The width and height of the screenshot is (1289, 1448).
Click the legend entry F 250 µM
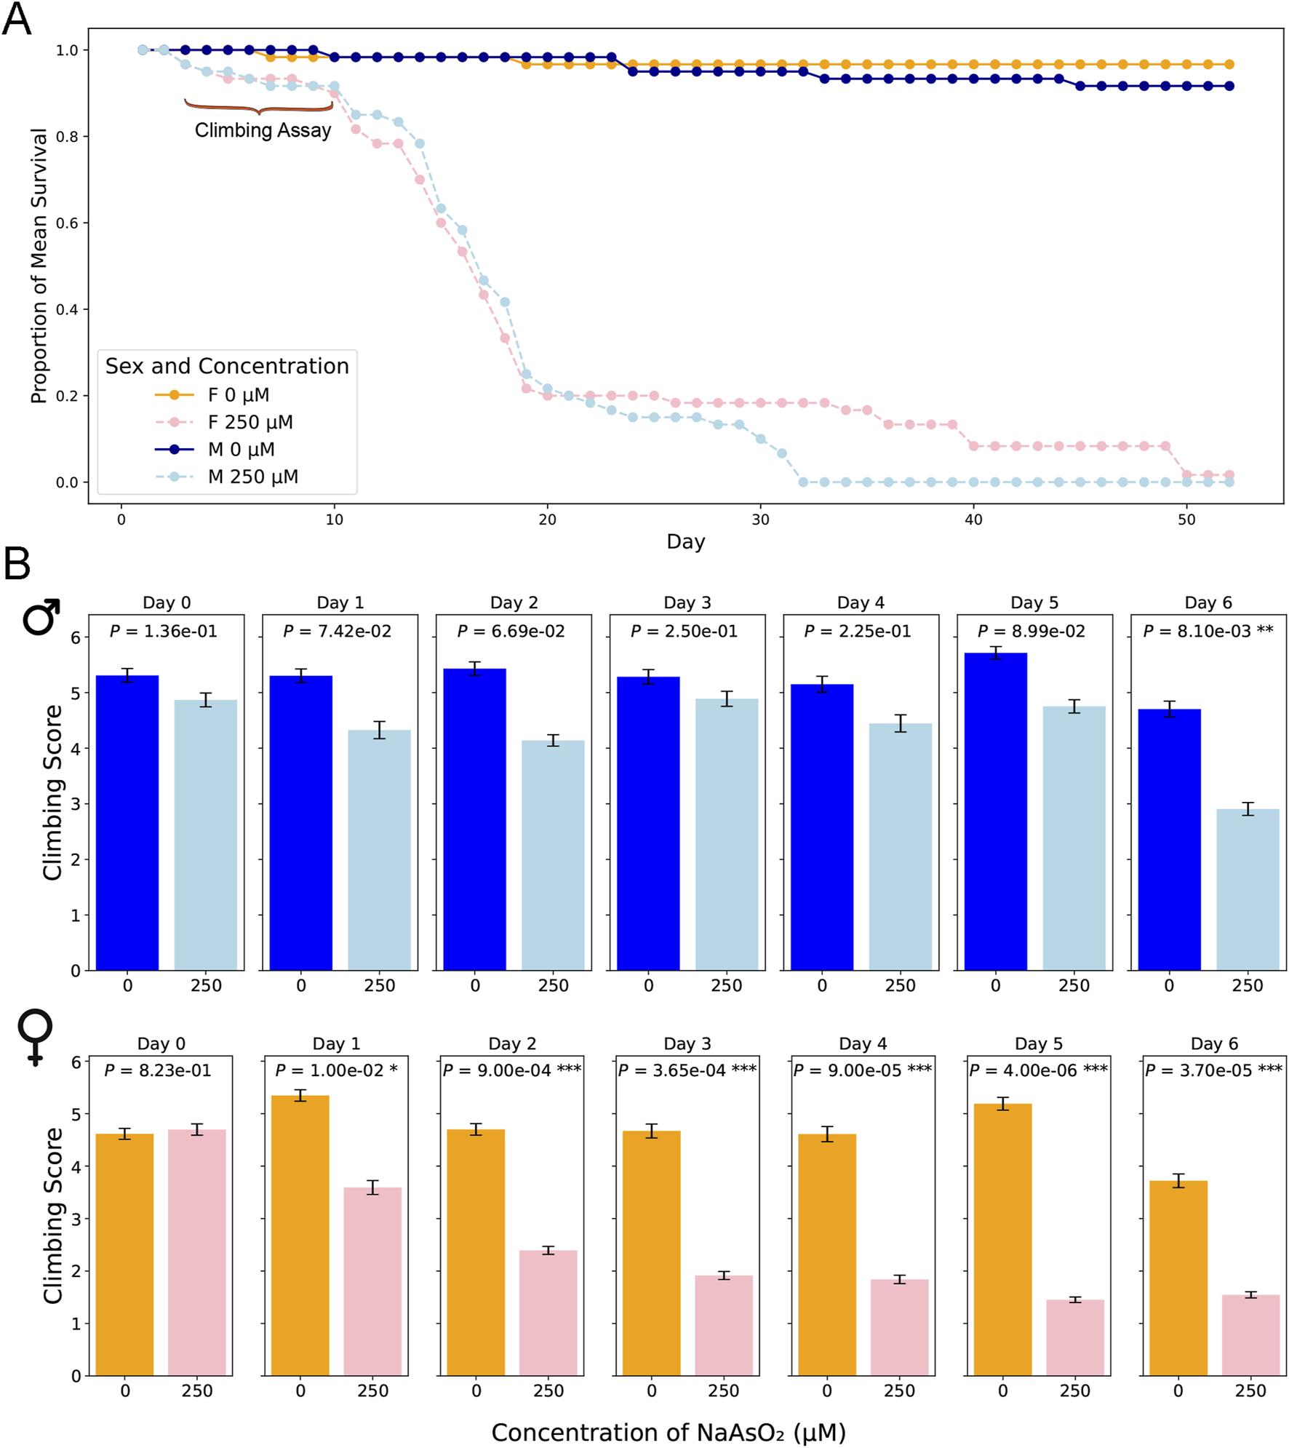[250, 422]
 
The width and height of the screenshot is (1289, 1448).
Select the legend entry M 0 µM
[241, 450]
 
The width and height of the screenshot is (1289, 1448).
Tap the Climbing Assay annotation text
[263, 130]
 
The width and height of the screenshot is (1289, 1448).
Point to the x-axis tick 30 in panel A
[760, 520]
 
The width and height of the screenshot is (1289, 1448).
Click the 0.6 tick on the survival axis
[67, 223]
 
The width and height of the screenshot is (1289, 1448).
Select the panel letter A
[17, 19]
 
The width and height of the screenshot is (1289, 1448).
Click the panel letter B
[17, 563]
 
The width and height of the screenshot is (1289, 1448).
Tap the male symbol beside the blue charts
[41, 616]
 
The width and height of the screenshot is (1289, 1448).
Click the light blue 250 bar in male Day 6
[1247, 889]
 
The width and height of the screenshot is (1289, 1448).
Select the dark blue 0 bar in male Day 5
[995, 811]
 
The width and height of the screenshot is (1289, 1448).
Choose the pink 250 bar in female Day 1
[372, 1281]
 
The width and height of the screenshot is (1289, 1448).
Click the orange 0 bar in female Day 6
[1178, 1277]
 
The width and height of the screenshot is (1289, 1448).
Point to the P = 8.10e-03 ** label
[1208, 631]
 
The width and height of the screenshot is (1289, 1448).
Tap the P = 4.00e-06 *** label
[1038, 1070]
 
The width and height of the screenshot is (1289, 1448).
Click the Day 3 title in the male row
[687, 602]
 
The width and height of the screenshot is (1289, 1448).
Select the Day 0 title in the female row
[161, 1043]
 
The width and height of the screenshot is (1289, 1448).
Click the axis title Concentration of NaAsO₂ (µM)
[668, 1432]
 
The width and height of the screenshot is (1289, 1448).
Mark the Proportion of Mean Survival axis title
[39, 266]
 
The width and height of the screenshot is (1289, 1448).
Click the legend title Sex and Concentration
[227, 366]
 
